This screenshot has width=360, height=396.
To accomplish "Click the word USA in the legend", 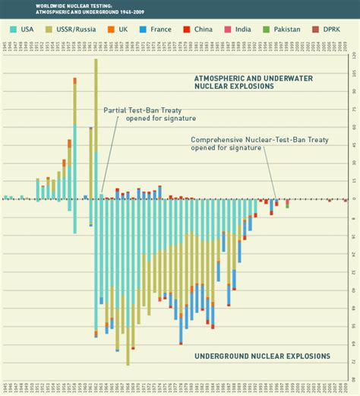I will pyautogui.click(x=27, y=29).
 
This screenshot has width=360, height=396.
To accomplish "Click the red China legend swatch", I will pyautogui.click(x=188, y=29).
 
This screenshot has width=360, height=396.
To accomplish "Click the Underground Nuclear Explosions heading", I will pyautogui.click(x=262, y=355).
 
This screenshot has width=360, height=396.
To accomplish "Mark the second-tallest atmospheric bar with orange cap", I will pyautogui.click(x=74, y=137).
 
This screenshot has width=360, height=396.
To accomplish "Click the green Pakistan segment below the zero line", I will pyautogui.click(x=287, y=204).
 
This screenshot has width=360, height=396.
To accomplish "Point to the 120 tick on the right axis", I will pyautogui.click(x=353, y=54).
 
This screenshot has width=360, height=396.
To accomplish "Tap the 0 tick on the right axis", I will pyautogui.click(x=353, y=199).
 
